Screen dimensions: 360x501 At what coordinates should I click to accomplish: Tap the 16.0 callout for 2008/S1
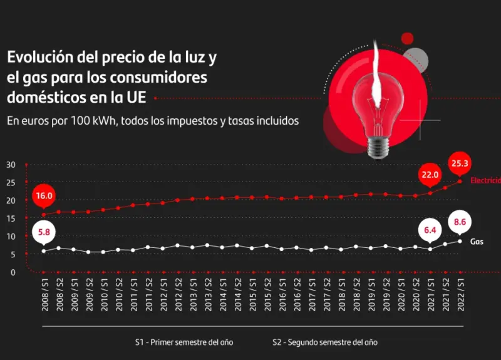click(44, 195)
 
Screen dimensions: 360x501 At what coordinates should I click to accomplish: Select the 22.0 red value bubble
click(430, 175)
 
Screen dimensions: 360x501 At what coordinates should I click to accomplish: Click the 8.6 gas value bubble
click(460, 222)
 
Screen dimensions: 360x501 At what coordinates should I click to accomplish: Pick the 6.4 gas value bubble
click(430, 230)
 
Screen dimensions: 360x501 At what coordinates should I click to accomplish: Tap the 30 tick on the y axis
click(11, 165)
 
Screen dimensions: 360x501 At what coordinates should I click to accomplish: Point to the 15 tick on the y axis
click(11, 219)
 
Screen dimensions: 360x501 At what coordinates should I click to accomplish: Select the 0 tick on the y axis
click(13, 272)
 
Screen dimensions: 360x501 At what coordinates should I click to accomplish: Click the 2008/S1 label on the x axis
click(44, 295)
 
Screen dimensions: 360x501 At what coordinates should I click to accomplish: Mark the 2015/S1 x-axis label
click(252, 295)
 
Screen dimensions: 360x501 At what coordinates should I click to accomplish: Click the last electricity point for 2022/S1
click(460, 182)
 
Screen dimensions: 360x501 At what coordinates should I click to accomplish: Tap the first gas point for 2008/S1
click(44, 251)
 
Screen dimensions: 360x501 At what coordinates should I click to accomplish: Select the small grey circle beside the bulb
click(415, 59)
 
